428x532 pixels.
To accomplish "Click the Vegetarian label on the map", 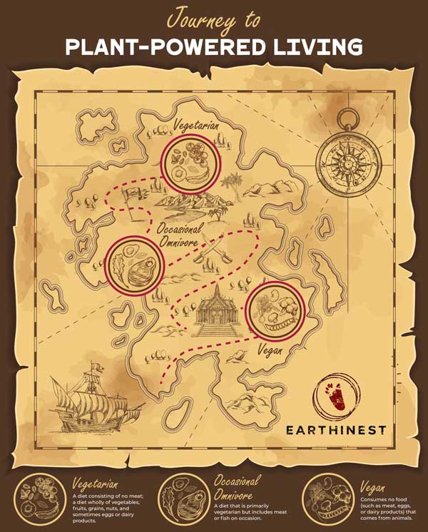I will [x=196, y=128].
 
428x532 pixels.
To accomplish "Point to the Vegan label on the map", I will [x=270, y=351].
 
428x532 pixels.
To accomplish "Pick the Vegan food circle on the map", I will [x=277, y=309].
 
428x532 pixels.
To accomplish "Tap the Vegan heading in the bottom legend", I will [x=373, y=487].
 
